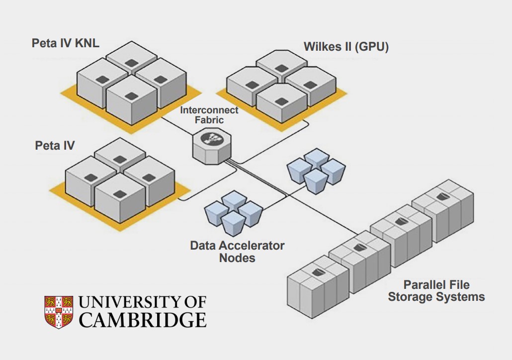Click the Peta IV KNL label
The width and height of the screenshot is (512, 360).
[65, 43]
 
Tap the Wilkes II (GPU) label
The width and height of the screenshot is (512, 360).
[346, 47]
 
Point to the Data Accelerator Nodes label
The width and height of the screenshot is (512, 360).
[237, 252]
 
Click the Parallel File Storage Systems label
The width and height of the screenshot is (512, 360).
[436, 291]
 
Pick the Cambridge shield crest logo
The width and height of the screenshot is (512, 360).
[59, 312]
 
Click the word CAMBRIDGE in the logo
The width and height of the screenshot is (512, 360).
[142, 320]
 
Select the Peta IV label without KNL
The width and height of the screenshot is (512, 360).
[55, 146]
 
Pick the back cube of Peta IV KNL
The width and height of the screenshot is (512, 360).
[132, 59]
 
